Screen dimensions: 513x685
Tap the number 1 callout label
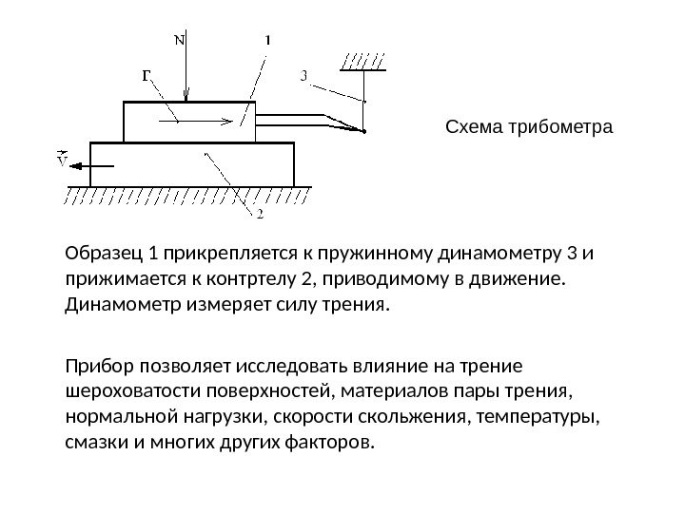click(x=266, y=41)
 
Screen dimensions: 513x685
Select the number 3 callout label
click(x=303, y=76)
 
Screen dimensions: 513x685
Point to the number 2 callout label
click(x=260, y=214)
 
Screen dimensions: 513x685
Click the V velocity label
click(x=62, y=161)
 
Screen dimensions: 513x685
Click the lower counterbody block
click(x=190, y=164)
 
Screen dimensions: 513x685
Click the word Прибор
click(x=98, y=367)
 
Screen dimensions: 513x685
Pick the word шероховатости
click(x=129, y=392)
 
